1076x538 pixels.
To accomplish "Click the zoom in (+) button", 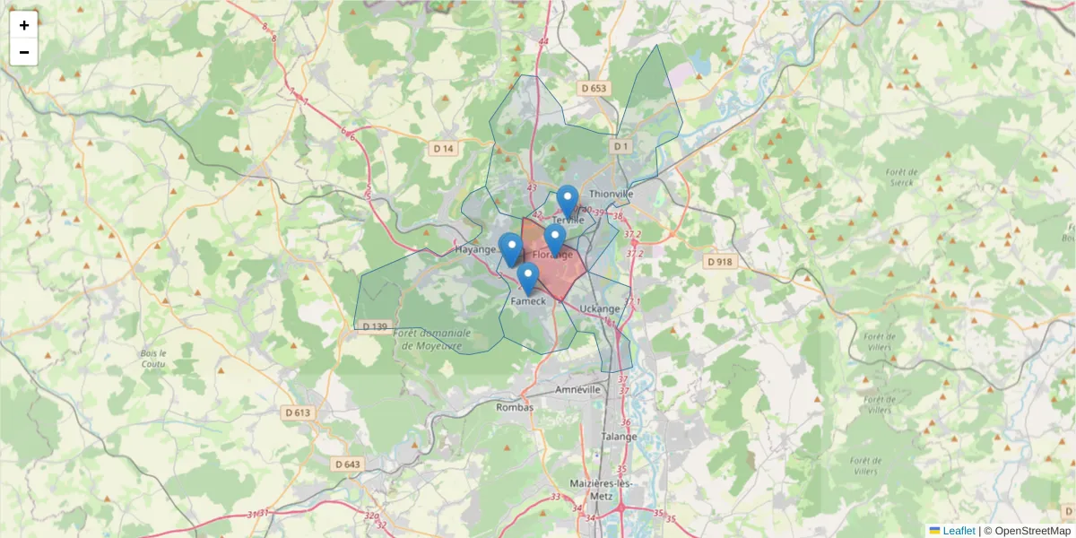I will tap(24, 25).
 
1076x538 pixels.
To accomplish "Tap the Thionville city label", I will tap(612, 193).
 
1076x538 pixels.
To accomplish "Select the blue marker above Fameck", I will tap(528, 278).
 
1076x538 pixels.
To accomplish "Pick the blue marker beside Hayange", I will tap(510, 248).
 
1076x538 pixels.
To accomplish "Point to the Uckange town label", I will tap(600, 309).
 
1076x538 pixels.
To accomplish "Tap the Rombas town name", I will tap(515, 407).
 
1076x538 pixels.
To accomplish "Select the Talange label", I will tap(620, 437).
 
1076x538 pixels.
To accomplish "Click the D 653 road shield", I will tap(594, 89).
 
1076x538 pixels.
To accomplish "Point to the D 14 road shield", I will tap(443, 148).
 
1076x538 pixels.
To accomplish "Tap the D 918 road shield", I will tap(719, 262).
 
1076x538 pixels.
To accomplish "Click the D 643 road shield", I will tap(347, 464).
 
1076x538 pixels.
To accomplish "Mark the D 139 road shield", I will tap(376, 326).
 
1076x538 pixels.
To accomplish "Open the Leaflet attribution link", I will tap(958, 531).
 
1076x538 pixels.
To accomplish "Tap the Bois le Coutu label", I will tap(153, 359).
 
